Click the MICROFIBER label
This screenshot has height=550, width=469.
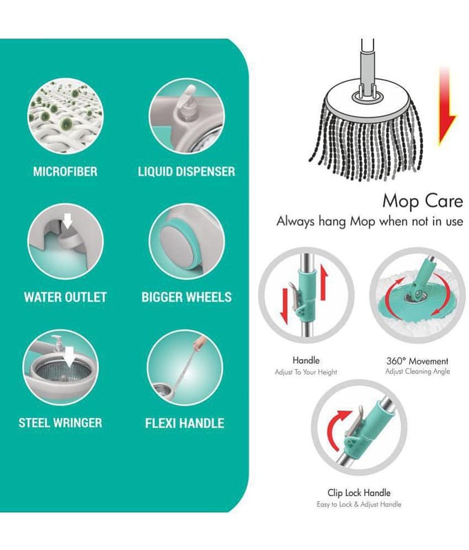coord(65,171)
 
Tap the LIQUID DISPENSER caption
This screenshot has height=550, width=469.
coord(186,171)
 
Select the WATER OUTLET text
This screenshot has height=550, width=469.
coord(65,297)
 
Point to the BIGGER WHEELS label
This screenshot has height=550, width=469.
coord(186,297)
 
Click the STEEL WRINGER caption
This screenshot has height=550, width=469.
coord(60,423)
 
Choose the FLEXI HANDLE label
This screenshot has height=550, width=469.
coord(185,423)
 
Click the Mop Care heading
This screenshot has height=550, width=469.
coord(422,201)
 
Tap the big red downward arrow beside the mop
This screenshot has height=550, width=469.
coord(446,107)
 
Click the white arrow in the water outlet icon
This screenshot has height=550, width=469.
coord(67,221)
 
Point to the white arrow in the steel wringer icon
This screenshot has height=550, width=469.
coord(71,356)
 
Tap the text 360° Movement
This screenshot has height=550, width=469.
coord(417,361)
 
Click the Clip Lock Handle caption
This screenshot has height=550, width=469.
coord(359,493)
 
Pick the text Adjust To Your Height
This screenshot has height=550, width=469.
coord(306,372)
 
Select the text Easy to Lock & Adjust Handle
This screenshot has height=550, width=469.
coord(359,505)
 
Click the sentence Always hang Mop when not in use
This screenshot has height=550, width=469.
coord(369,221)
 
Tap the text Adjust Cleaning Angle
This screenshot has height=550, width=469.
coord(417,371)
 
